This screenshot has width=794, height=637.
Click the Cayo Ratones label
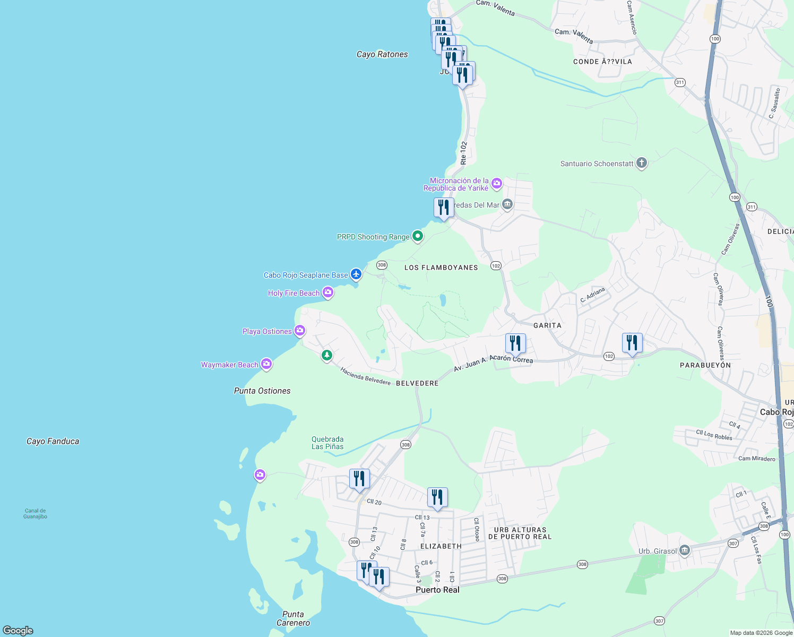tap(382, 54)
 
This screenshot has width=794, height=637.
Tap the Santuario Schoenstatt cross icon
tap(641, 163)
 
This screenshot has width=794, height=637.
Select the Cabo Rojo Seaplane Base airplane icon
tap(356, 274)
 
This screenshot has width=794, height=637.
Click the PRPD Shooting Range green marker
tap(417, 236)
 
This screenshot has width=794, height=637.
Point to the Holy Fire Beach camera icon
tap(328, 292)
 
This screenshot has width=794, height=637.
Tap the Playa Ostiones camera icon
tap(300, 331)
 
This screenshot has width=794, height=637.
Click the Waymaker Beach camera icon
tap(266, 364)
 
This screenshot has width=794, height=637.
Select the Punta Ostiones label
tap(262, 391)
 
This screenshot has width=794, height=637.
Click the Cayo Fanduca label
tap(53, 441)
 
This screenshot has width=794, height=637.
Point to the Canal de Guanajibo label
tap(35, 513)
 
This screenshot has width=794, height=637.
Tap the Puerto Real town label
tap(437, 590)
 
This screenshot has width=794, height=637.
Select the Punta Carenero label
tap(293, 618)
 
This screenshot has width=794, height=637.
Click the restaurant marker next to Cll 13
tap(437, 498)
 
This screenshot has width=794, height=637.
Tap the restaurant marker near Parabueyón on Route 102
tap(632, 343)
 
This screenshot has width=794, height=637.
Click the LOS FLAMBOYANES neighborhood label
tap(441, 268)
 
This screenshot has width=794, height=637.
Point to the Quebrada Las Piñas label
tap(327, 443)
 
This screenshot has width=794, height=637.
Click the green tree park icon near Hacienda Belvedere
tap(327, 355)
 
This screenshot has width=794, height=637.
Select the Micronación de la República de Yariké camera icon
tap(496, 184)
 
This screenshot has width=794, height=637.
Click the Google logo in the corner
tap(18, 630)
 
